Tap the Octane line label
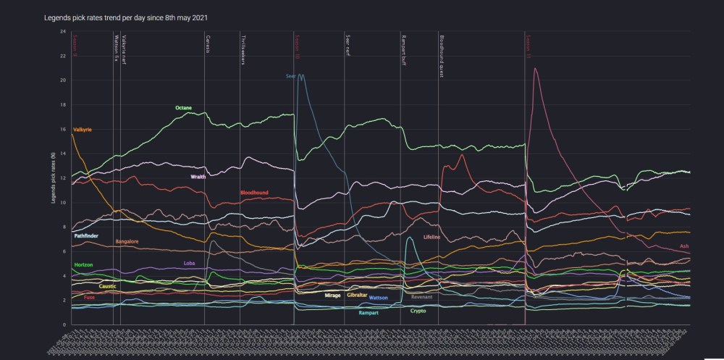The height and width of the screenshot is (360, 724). [183, 108]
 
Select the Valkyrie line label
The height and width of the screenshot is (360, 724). [83, 130]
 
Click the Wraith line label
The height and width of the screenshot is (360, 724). [198, 177]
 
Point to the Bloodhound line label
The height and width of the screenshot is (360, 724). [255, 193]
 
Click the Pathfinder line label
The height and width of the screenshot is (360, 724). [86, 236]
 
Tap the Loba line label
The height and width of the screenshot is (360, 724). [190, 263]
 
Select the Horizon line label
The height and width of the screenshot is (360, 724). [83, 265]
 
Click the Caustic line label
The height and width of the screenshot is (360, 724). [108, 287]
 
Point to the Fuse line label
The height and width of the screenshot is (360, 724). [89, 298]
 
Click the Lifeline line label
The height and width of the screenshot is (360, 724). [432, 237]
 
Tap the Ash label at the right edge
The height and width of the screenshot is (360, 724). [684, 246]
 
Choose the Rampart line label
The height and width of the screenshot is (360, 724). [369, 313]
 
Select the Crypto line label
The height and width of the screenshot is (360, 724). [418, 311]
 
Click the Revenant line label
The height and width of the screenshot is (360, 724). [421, 297]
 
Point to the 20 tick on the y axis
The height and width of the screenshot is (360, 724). [63, 80]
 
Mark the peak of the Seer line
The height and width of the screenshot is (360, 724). [300, 74]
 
